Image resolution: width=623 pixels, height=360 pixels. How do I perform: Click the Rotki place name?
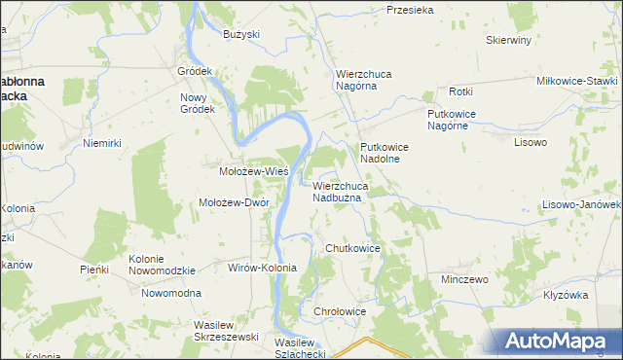coord(460,91)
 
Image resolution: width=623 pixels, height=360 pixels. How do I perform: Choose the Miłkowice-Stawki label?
coord(577,81)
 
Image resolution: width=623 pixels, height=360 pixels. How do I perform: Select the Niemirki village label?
coord(101,143)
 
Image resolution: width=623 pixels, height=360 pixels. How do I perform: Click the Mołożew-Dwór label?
coord(234,202)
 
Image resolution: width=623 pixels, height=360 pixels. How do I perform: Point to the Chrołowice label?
coord(340,311)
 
